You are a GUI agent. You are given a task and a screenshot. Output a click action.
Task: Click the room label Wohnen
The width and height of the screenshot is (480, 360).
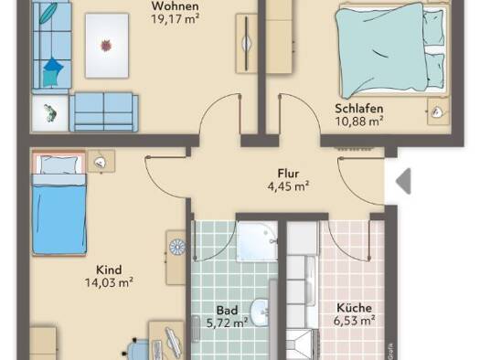tap(176, 5)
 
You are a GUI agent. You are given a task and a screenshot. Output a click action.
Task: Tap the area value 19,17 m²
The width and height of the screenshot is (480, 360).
tap(176, 19)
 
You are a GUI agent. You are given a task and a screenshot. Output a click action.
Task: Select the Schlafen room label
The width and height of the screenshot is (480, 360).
tap(358, 109)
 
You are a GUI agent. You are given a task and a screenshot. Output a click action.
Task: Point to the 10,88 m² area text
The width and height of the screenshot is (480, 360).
tap(359, 122)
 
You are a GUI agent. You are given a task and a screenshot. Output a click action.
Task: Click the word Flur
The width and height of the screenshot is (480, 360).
tap(288, 174)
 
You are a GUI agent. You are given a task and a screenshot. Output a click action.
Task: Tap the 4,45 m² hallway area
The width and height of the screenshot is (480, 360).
tap(288, 186)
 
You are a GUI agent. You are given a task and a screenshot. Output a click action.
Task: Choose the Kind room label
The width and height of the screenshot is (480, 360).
tap(109, 270)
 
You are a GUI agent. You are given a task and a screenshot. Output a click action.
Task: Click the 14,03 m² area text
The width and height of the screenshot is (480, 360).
tap(109, 282)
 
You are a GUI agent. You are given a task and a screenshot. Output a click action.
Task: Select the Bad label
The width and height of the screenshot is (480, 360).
tap(227, 311)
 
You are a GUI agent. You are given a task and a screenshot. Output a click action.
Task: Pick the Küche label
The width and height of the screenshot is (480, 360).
tap(354, 308)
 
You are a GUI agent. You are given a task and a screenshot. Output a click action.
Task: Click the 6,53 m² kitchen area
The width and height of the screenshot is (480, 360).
tap(354, 321)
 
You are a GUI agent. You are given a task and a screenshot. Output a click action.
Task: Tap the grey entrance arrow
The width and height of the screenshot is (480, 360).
tap(403, 181)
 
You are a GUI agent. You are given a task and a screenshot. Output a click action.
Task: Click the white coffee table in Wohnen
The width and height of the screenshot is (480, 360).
tap(107, 46)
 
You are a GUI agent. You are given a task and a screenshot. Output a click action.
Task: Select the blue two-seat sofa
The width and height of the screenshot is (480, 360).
tap(104, 112)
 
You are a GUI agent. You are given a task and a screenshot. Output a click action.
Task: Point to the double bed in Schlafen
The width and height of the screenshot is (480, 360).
tap(390, 49)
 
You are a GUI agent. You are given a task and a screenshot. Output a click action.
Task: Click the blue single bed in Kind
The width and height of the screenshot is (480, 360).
tap(59, 203)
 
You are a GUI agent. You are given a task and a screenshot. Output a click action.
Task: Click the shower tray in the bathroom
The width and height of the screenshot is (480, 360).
tap(257, 241)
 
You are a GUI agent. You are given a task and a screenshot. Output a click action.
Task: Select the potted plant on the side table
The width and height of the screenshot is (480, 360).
tap(50, 113)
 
